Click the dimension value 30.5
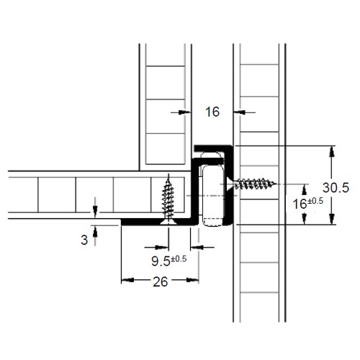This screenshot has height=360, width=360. click(x=336, y=188)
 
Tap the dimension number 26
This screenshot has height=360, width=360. click(x=160, y=282)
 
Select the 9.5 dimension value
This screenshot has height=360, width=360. click(x=161, y=261)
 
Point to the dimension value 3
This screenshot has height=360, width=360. click(x=84, y=240)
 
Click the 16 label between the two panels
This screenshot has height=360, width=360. click(x=212, y=112)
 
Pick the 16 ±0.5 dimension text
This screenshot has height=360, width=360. click(x=308, y=204)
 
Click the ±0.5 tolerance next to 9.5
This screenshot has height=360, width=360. click(x=179, y=258)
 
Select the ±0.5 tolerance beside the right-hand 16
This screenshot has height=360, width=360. click(x=315, y=201)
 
